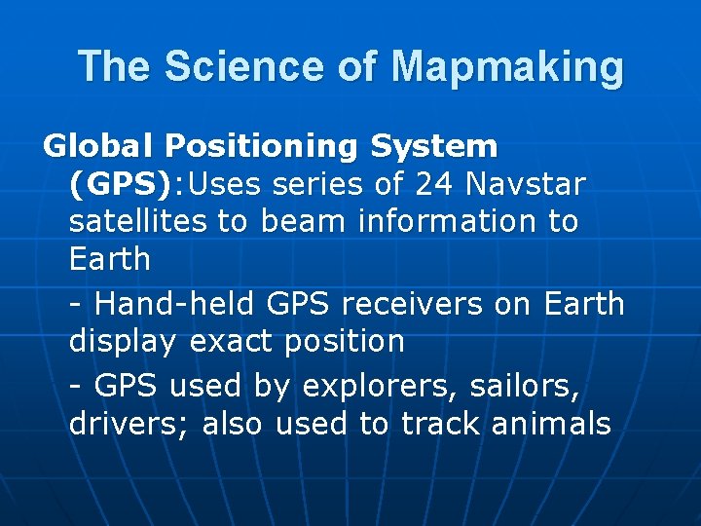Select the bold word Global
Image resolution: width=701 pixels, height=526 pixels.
pos(99,146)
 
